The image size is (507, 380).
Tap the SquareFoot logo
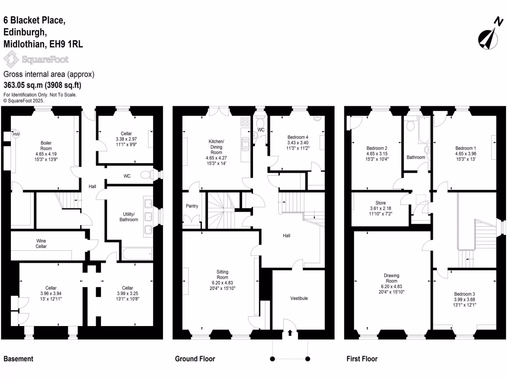click(x=36, y=60)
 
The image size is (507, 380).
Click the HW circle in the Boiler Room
click(x=16, y=134)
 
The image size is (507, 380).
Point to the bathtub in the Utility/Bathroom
click(x=137, y=254)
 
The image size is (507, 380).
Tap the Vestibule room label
click(x=299, y=298)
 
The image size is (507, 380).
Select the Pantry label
click(x=192, y=206)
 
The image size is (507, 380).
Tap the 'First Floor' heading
click(x=361, y=359)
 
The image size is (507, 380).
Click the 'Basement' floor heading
click(x=18, y=359)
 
